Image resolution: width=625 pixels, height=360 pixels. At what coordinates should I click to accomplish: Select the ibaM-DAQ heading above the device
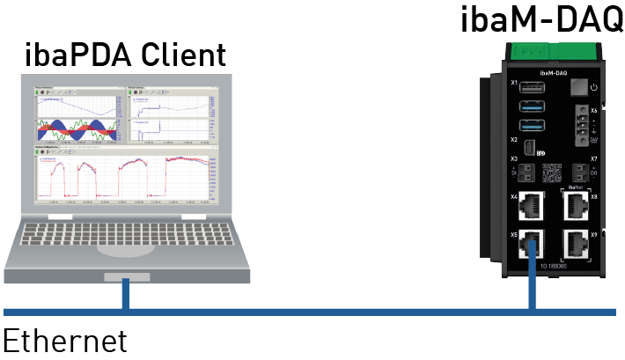(541, 19)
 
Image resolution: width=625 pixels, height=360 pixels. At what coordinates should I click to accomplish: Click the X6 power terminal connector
(580, 122)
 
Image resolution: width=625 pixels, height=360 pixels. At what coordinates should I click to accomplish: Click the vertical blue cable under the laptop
(127, 295)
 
